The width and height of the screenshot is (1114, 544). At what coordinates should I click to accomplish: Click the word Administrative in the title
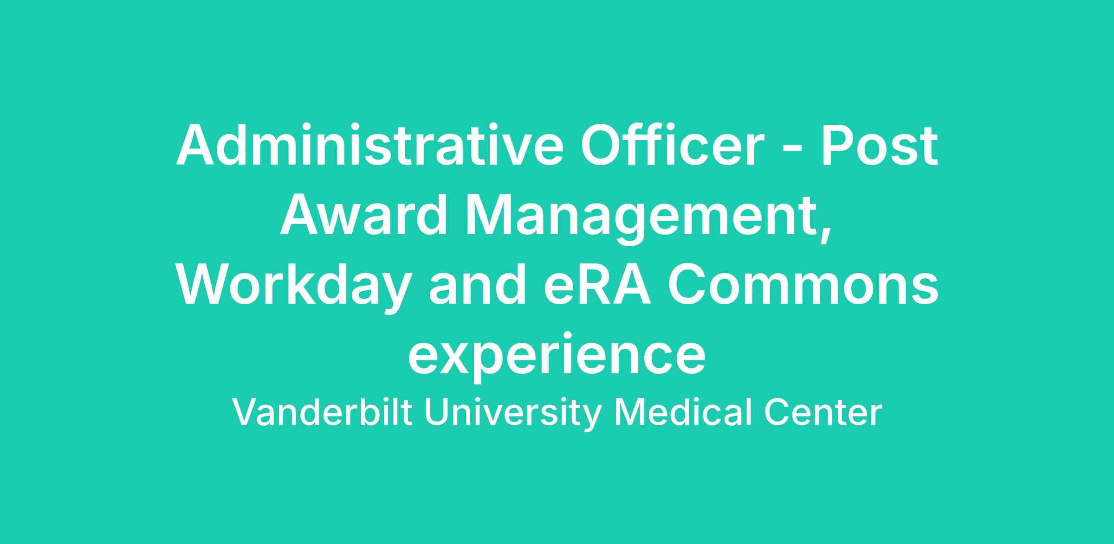click(370, 144)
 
